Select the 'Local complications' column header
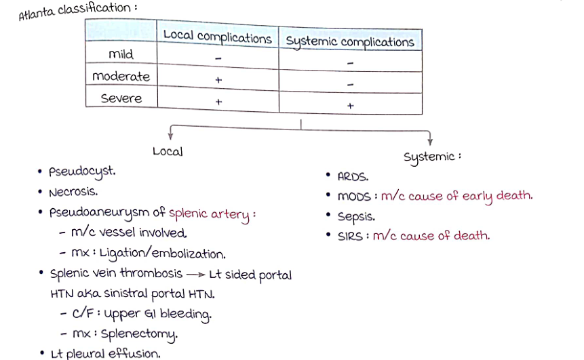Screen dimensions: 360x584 pos(217,37)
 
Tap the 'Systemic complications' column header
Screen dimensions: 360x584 pos(349,41)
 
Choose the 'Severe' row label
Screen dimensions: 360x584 pos(121,98)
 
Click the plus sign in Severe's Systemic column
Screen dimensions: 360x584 pos(350,106)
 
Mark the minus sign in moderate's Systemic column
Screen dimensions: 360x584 pos(350,85)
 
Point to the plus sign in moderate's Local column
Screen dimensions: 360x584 pos(218,80)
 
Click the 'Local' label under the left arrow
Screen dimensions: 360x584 pos(168,151)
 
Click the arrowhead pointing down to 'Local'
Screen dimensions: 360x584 pos(170,135)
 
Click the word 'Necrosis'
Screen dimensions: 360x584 pos(73,192)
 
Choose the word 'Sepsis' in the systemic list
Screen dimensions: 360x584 pos(356,217)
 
